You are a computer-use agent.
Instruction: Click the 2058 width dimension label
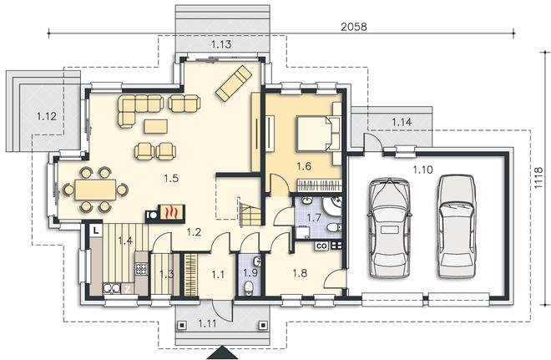click(x=353, y=27)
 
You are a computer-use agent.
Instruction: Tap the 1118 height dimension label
click(x=538, y=178)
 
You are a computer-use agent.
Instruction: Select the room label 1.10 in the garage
click(x=422, y=170)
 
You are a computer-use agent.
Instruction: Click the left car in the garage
click(x=389, y=229)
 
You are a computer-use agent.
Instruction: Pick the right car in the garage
click(x=457, y=226)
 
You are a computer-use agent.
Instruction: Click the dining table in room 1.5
click(x=95, y=190)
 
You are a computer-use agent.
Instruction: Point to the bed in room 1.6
click(x=314, y=134)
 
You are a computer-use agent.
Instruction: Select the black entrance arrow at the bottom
click(x=221, y=352)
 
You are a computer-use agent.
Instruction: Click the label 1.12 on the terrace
click(x=47, y=116)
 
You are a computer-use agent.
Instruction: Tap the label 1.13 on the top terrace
click(x=222, y=44)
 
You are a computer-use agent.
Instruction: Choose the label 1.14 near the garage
click(x=402, y=122)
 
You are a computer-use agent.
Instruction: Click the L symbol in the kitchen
click(x=96, y=231)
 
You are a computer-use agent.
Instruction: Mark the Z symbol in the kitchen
click(x=129, y=289)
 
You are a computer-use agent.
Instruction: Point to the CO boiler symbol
click(x=321, y=246)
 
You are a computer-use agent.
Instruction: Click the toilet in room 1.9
click(x=249, y=288)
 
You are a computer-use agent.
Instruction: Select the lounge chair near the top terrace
click(x=234, y=84)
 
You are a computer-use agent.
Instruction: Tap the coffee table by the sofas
click(x=155, y=127)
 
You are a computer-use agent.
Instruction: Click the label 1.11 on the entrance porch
click(x=208, y=322)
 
